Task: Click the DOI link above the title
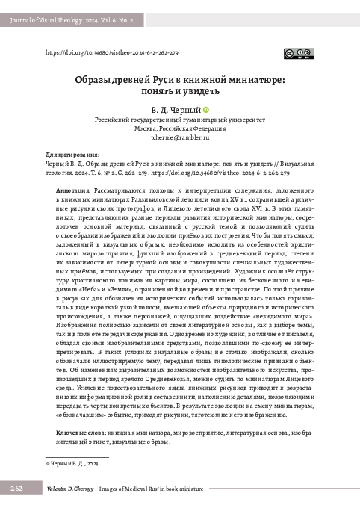click(x=112, y=54)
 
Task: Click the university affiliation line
click(x=179, y=120)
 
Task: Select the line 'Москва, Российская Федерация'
click(x=179, y=128)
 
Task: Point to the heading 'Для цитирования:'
click(x=68, y=153)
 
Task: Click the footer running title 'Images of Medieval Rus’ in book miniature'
click(x=162, y=488)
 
